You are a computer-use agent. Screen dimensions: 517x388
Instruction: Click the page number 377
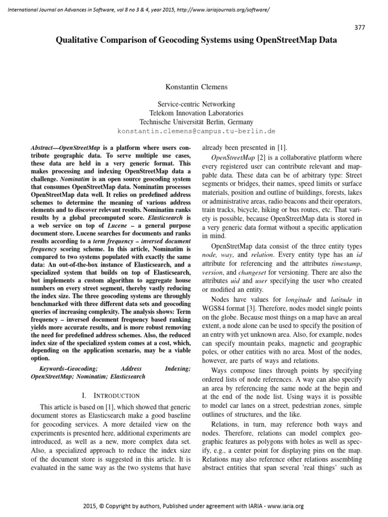pos(359,27)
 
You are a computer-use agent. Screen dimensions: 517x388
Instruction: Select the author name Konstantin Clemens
pos(194,86)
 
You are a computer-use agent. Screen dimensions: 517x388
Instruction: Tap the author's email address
pos(196,131)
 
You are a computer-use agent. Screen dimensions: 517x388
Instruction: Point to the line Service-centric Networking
pos(194,104)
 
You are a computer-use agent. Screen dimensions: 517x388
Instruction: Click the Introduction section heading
pos(111,396)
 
